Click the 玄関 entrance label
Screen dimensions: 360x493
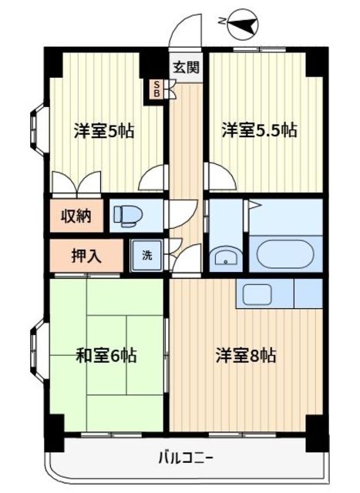187,67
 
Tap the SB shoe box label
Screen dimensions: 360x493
156,89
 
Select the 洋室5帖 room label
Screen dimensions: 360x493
104,130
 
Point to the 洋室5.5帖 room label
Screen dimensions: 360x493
259,130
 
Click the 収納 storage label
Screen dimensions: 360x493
76,216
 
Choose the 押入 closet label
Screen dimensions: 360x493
86,256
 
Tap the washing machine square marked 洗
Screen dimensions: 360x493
147,255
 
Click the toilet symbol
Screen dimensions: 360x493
128,216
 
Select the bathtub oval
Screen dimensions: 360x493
285,254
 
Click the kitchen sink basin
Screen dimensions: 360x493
257,294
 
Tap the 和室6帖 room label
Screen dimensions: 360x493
106,355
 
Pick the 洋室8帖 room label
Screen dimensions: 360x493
246,355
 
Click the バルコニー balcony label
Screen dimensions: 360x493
187,458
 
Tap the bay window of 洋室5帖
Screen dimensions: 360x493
39,129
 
